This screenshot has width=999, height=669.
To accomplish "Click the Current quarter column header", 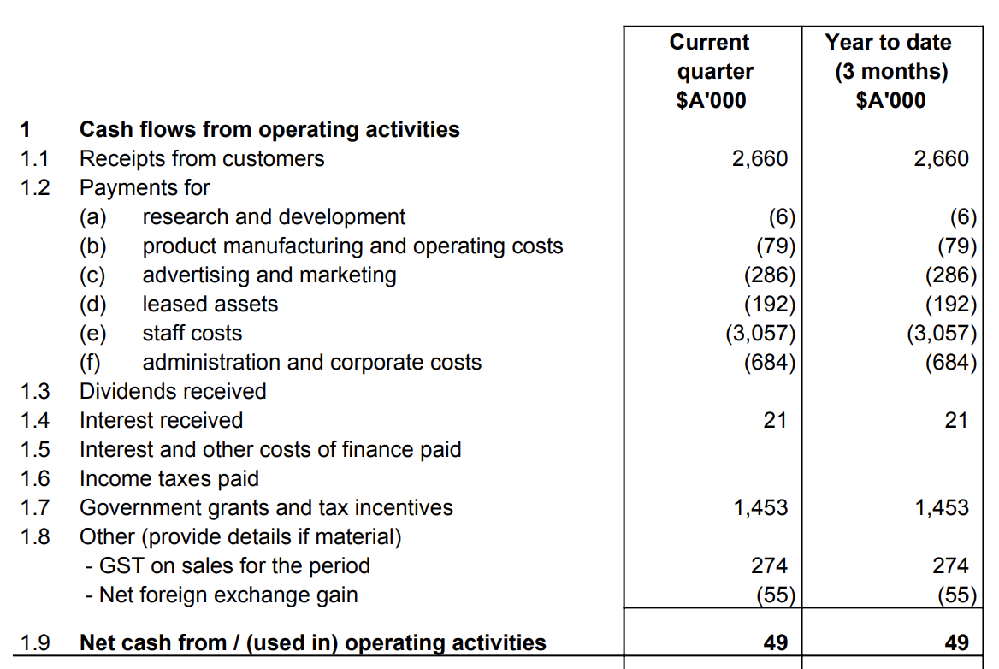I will (710, 71).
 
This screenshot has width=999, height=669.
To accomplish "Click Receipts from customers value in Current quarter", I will (760, 158).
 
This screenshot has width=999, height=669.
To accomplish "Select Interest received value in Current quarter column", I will (775, 420).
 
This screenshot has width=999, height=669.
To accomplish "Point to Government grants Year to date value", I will (941, 507).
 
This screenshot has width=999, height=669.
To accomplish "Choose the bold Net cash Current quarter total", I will (775, 642).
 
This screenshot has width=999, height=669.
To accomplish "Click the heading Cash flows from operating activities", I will (269, 129).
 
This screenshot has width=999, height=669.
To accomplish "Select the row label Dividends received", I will (173, 391).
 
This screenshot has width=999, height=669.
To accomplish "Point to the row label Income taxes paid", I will (169, 478).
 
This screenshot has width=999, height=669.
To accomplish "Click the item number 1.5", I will (35, 449).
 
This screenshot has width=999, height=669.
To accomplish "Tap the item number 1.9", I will (35, 642).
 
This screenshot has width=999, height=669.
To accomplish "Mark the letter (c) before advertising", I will (92, 275).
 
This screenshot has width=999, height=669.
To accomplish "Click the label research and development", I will (274, 217).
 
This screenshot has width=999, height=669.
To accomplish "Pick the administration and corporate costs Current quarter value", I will (770, 363).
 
